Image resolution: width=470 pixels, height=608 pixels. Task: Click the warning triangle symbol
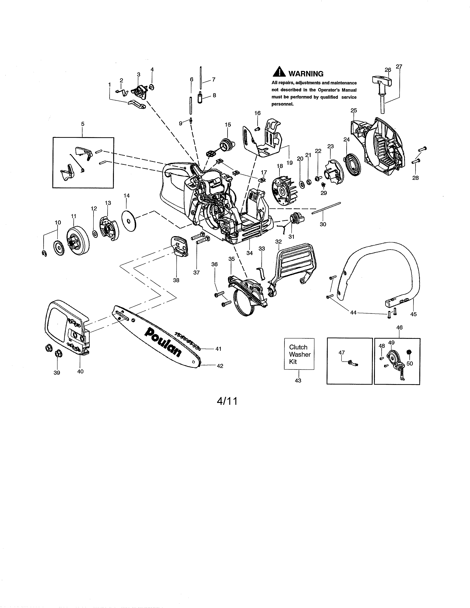tap(279, 73)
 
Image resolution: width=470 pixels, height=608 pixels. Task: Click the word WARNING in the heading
tap(306, 74)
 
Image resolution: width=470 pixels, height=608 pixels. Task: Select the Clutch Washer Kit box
tap(299, 354)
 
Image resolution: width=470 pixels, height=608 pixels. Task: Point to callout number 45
tap(413, 314)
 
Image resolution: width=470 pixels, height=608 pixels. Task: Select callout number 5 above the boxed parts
tap(83, 124)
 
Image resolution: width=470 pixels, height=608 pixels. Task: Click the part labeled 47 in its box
tap(352, 363)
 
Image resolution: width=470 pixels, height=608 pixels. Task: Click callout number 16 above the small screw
tap(257, 113)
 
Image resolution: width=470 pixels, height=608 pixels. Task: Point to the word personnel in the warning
tap(283, 104)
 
